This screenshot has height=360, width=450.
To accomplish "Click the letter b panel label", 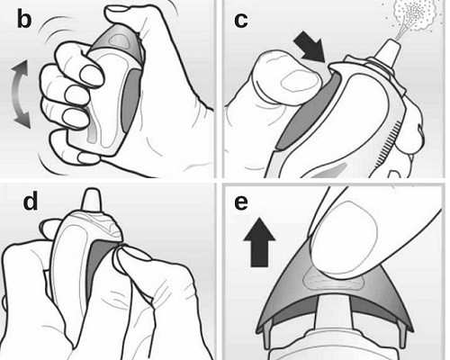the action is [24, 20].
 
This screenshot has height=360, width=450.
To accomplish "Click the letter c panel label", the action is [241, 21].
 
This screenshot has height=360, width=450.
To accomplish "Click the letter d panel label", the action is [31, 201].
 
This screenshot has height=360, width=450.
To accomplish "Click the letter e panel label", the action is [241, 203].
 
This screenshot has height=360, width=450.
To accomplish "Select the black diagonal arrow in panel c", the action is [309, 48].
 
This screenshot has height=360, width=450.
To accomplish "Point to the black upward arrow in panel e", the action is [259, 242].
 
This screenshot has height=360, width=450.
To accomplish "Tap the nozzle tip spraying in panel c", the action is [389, 51].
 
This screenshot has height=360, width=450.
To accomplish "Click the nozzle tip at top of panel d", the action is [92, 199].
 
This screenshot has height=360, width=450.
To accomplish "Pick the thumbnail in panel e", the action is [345, 238].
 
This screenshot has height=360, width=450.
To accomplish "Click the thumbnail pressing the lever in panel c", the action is [300, 82].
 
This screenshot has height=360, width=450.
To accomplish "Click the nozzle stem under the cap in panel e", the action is [334, 312].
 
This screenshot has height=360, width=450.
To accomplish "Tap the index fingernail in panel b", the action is [92, 76].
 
